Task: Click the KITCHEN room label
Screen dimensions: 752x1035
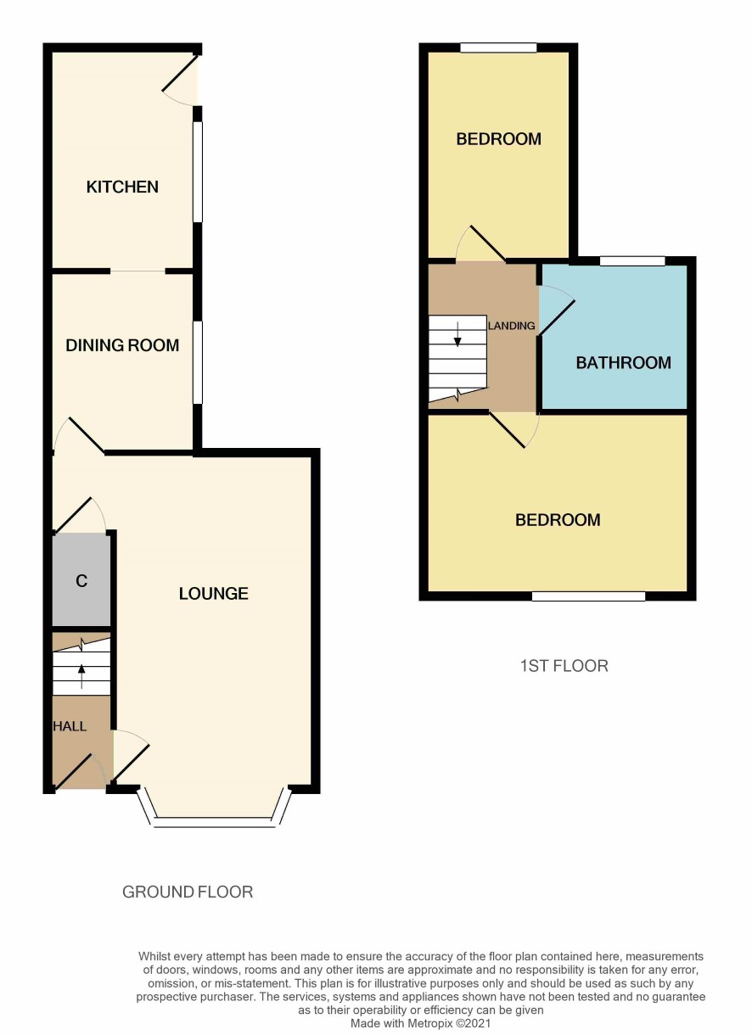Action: click(122, 187)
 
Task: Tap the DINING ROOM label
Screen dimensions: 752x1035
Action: click(122, 345)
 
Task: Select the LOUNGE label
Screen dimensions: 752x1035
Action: click(214, 593)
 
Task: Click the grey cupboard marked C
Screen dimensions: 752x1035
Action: click(81, 580)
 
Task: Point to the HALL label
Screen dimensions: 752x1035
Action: click(70, 726)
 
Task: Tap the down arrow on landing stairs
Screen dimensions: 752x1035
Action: click(457, 334)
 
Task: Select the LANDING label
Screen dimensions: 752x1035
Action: click(512, 326)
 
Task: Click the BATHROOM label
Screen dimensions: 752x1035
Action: click(624, 363)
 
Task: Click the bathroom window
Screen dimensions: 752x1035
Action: click(632, 261)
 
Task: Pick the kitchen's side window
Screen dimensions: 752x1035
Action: click(198, 172)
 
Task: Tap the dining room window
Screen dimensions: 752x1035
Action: click(198, 363)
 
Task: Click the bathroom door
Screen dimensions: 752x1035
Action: click(557, 310)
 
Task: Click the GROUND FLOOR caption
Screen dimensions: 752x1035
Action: click(188, 892)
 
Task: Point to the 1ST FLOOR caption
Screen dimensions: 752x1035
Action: click(564, 666)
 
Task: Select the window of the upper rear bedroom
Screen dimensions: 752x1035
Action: click(499, 48)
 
